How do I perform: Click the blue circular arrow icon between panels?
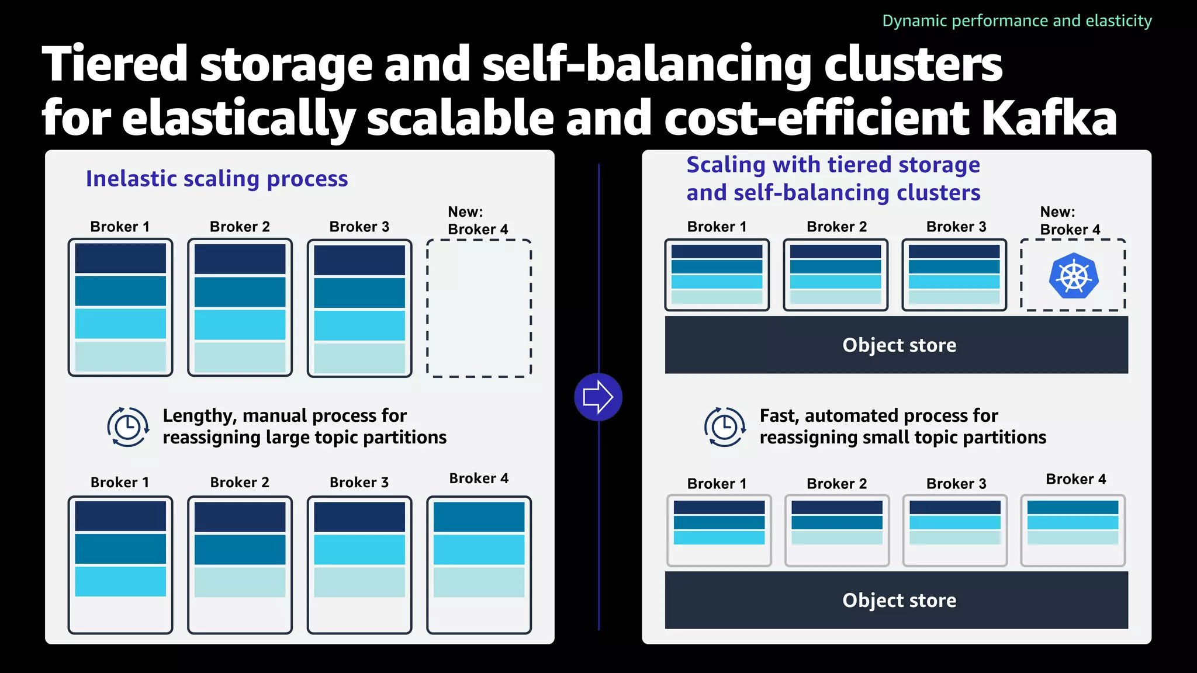click(x=598, y=397)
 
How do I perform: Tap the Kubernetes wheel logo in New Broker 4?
click(x=1074, y=276)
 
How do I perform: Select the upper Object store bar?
click(x=896, y=345)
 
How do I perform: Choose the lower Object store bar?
click(x=896, y=600)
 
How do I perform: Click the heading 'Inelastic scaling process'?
click(x=217, y=179)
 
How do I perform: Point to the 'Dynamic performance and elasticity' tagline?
click(x=1016, y=21)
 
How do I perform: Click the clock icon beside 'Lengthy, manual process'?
click(x=127, y=427)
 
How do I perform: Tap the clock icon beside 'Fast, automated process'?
click(x=725, y=427)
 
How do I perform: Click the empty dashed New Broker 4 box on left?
click(x=479, y=308)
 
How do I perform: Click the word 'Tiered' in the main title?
click(x=115, y=64)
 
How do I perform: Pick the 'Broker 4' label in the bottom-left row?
click(x=479, y=478)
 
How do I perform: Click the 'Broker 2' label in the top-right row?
click(x=836, y=227)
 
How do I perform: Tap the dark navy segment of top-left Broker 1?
click(x=120, y=258)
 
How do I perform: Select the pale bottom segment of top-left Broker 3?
click(x=359, y=358)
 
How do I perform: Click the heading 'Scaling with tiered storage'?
click(x=833, y=165)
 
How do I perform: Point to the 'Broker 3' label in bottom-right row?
click(x=956, y=484)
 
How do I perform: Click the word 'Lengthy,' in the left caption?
click(x=199, y=416)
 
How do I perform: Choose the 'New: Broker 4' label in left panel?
click(x=478, y=221)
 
